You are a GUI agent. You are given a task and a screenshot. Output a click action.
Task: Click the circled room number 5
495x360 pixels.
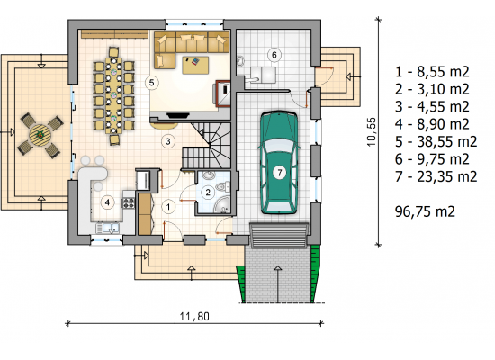151,83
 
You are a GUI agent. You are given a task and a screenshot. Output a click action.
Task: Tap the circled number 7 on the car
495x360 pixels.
279,173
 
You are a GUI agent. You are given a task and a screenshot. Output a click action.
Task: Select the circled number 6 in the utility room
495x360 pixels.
274,55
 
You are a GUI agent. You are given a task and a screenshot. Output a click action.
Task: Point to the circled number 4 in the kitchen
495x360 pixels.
107,202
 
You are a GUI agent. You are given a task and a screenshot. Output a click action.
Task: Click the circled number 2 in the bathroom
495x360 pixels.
208,192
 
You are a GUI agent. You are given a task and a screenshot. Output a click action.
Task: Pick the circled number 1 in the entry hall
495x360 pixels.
168,207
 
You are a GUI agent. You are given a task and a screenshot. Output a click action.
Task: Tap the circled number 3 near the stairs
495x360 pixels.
168,141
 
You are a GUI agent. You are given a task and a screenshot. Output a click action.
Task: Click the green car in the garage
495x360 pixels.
279,163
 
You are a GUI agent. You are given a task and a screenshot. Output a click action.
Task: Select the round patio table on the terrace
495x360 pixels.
40,135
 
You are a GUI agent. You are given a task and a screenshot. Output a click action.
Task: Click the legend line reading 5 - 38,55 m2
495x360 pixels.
436,142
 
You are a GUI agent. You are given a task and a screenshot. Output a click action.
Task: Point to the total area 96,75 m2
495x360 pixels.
425,211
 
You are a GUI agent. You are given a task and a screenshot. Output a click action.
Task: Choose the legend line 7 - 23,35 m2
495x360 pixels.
436,176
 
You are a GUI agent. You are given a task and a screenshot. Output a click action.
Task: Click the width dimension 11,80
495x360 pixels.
194,316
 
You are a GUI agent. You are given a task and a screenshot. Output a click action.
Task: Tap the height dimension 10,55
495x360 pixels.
372,131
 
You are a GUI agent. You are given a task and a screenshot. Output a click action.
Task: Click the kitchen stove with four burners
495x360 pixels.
129,202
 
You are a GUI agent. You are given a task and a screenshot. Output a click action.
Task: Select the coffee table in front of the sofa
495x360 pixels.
195,65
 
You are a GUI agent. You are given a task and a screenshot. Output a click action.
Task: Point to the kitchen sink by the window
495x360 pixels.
108,229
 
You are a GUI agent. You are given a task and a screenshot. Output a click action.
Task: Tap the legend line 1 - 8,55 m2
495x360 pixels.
432,72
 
